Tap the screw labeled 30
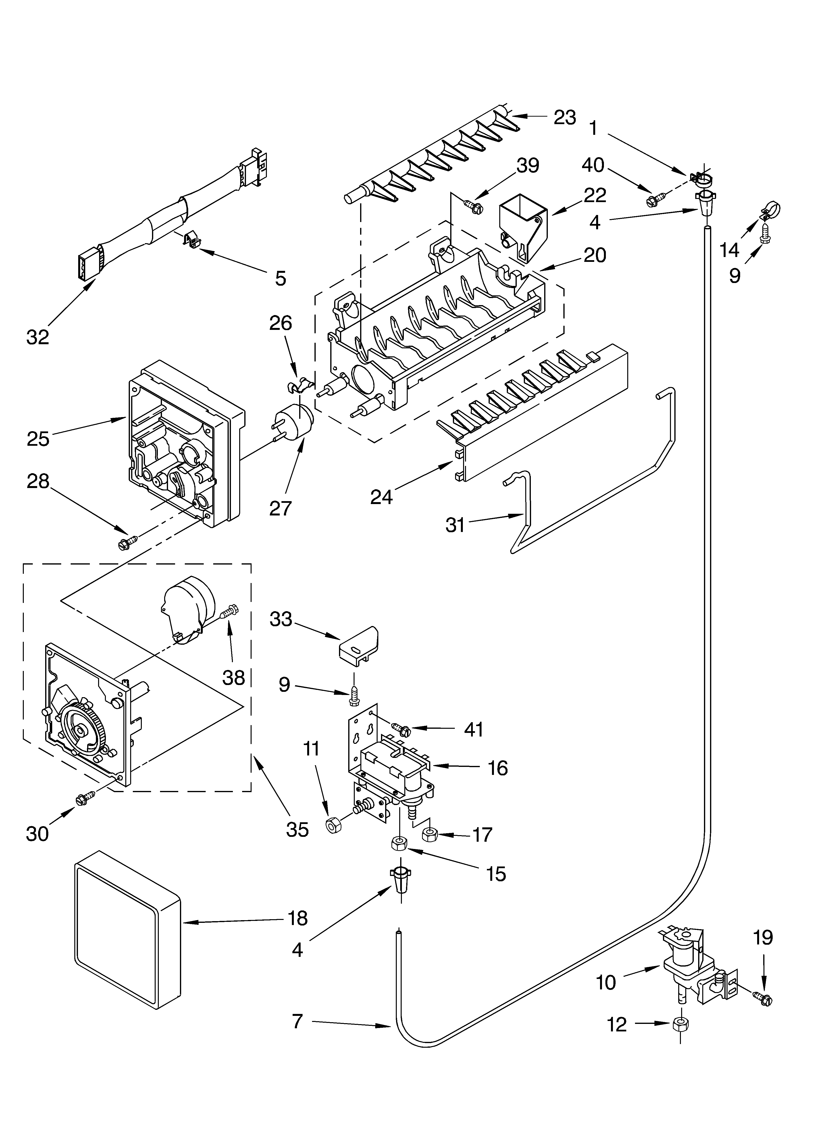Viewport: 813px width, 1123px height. click(85, 797)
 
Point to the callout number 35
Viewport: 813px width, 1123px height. click(297, 829)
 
